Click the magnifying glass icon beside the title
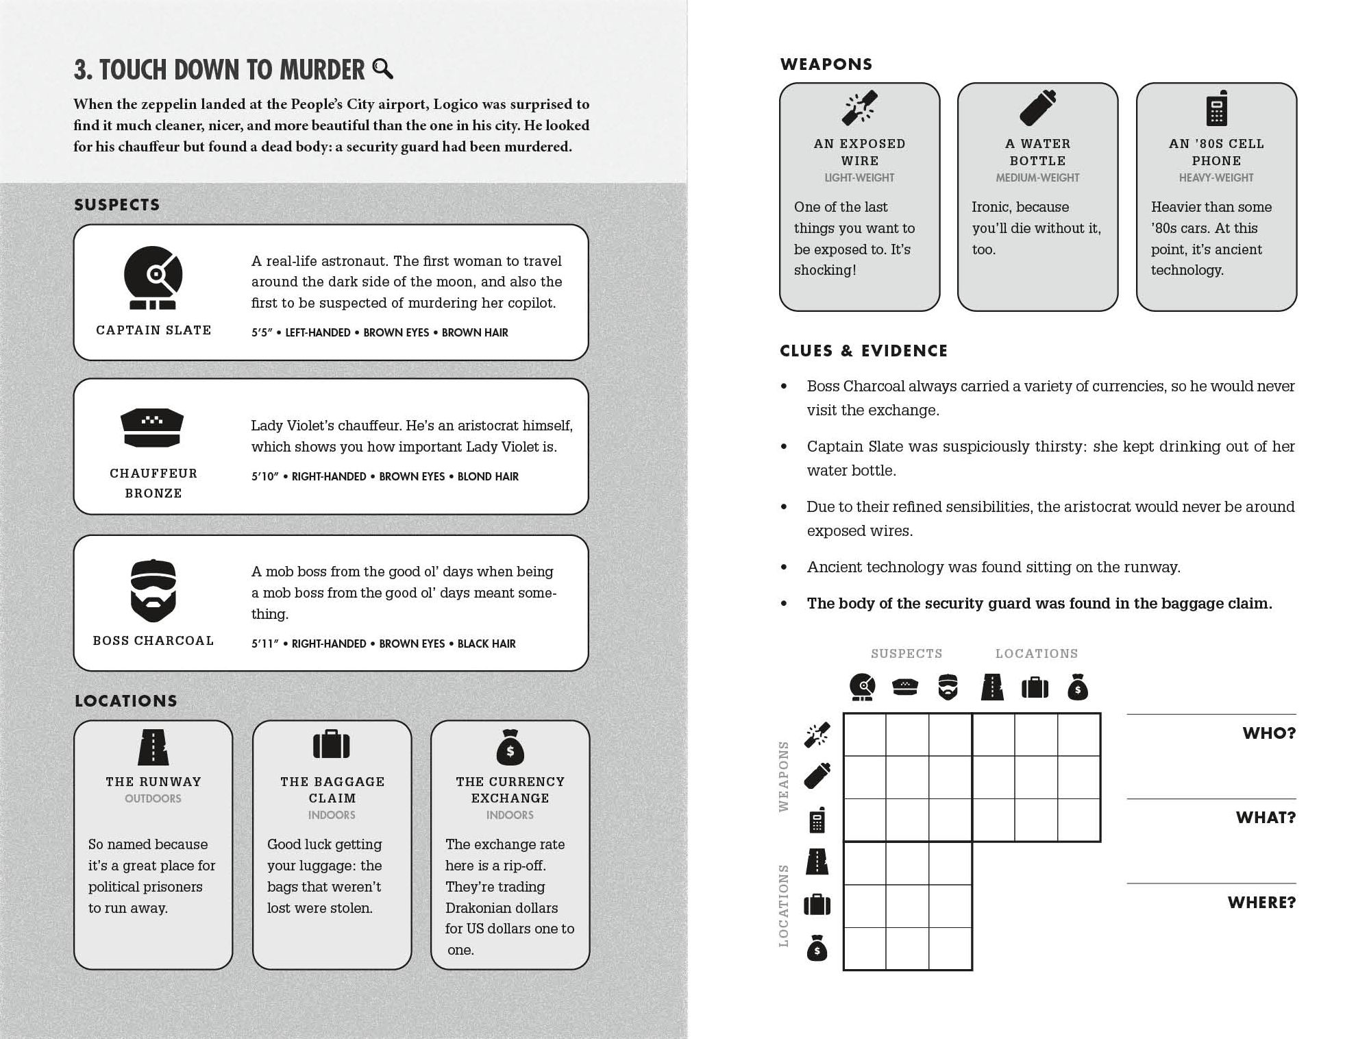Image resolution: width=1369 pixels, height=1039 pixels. (382, 69)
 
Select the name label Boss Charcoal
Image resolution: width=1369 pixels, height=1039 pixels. (153, 640)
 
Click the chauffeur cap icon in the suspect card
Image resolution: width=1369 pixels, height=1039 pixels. (152, 428)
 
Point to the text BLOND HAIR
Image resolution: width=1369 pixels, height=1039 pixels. (488, 476)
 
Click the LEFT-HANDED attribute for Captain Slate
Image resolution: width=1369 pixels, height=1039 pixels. (317, 332)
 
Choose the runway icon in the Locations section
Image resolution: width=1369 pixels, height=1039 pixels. (153, 747)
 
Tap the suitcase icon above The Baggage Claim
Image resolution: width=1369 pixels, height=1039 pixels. (332, 744)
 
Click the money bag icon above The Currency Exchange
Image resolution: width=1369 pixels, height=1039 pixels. (510, 747)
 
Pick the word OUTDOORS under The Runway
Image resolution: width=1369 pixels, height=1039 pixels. (153, 798)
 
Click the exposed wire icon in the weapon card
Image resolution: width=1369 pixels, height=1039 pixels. (859, 108)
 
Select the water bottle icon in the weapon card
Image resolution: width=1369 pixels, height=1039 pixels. (1037, 108)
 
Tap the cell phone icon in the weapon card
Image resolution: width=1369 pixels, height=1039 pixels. (1216, 108)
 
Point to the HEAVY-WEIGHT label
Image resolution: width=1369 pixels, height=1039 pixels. (1216, 178)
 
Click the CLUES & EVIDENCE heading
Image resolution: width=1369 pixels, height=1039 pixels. (863, 351)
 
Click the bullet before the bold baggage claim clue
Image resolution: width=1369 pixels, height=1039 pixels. (784, 604)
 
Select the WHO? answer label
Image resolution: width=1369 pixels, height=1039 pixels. (1269, 733)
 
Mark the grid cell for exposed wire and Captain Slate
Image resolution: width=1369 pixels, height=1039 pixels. (865, 735)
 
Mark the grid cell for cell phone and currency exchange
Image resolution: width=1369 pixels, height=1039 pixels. (1078, 820)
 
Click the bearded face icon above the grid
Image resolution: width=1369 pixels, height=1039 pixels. (948, 687)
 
